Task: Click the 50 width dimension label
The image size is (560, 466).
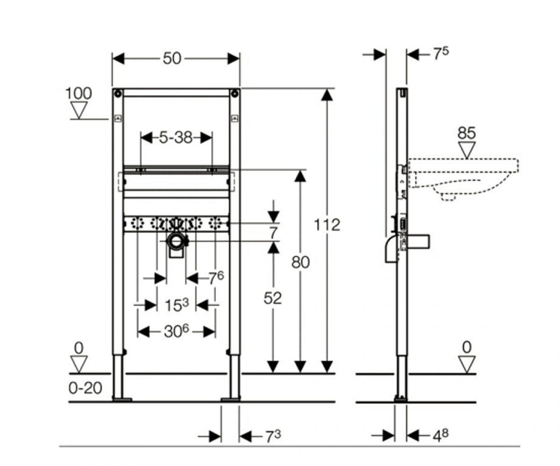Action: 172,59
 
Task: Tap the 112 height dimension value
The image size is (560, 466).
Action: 327,225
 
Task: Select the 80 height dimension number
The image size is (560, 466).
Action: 301,262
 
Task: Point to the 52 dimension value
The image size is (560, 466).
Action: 273,298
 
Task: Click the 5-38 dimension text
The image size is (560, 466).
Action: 176,138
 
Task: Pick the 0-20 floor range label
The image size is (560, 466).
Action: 85,388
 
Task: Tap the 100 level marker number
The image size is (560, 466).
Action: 78,94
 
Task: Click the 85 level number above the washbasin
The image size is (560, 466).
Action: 467,133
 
